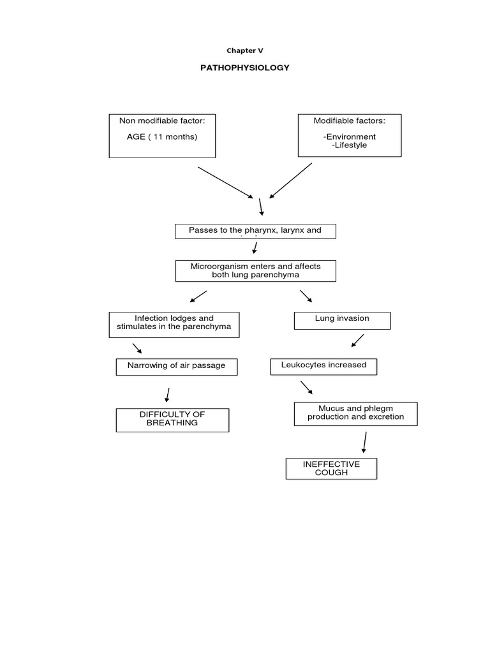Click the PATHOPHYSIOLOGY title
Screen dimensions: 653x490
point(245,68)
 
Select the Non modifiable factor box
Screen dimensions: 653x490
point(162,135)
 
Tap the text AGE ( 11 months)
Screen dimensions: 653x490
point(162,136)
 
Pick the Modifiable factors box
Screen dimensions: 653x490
point(350,135)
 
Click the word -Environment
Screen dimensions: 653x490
point(349,136)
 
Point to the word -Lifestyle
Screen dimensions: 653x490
point(350,145)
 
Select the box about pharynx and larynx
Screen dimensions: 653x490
point(255,231)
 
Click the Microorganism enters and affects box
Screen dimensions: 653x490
point(255,270)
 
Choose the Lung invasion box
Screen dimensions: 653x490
point(342,320)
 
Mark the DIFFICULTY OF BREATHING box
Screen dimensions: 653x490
point(172,420)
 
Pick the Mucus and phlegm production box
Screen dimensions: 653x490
point(355,413)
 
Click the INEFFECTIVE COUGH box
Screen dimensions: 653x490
point(331,469)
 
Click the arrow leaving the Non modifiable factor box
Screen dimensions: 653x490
point(225,182)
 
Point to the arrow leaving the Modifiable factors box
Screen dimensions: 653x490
point(291,180)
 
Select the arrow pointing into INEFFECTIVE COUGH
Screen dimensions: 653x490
point(364,442)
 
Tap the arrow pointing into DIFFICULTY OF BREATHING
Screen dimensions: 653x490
point(167,394)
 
